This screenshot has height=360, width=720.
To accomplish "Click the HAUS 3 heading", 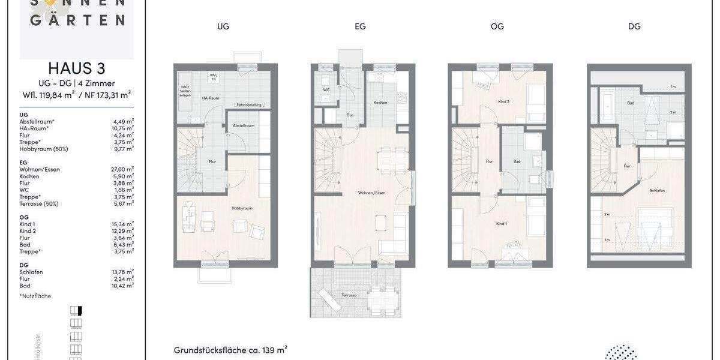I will click(x=76, y=68).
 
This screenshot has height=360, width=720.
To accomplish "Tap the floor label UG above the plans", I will click(x=224, y=26).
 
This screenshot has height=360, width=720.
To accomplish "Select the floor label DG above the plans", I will click(x=634, y=26).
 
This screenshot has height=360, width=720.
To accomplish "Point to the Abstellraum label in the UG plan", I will click(x=244, y=125).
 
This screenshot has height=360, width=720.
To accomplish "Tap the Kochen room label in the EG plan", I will click(x=380, y=103).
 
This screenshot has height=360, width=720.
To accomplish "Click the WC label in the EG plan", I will click(x=326, y=91).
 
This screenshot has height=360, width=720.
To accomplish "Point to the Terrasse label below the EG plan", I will click(x=349, y=295).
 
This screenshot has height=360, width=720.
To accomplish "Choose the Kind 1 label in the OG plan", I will click(x=502, y=223).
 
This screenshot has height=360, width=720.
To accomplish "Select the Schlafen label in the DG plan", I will click(x=656, y=190).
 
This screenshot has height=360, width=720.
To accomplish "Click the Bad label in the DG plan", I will click(x=631, y=103).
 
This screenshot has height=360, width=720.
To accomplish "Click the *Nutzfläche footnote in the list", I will click(x=35, y=296).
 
